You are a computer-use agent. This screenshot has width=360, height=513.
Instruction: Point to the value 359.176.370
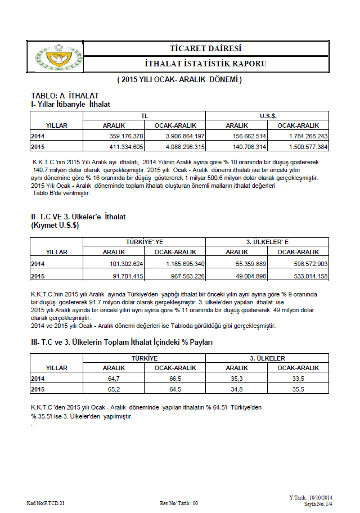pyautogui.click(x=127, y=136)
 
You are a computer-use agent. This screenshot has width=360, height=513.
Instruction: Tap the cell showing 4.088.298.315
pyautogui.click(x=179, y=147)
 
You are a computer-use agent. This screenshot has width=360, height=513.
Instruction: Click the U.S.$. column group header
pyautogui.click(x=267, y=115)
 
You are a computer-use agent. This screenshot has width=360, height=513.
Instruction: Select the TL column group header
pyautogui.click(x=145, y=115)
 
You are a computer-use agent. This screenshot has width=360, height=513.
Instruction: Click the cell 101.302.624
pyautogui.click(x=127, y=263)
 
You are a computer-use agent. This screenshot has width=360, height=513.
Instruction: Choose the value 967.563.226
pyautogui.click(x=179, y=276)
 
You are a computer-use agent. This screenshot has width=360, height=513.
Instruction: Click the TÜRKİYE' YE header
pyautogui.click(x=145, y=242)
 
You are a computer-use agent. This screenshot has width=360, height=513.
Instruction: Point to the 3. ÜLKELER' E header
pyautogui.click(x=267, y=242)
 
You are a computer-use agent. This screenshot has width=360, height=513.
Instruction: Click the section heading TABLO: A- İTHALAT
pyautogui.click(x=65, y=96)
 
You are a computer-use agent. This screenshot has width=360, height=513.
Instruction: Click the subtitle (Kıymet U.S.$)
pyautogui.click(x=54, y=225)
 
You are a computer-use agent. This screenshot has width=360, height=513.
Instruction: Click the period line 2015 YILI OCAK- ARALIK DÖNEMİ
pyautogui.click(x=179, y=80)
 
